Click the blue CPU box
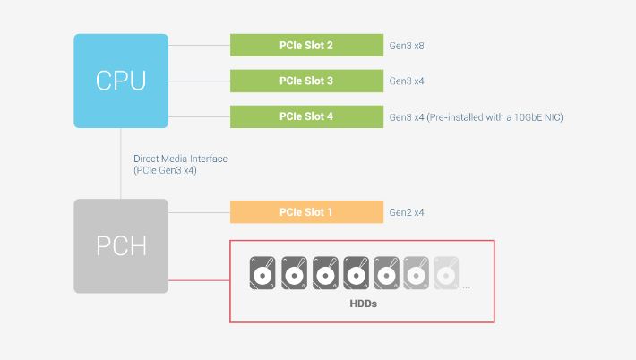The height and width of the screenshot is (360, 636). pos(121,81)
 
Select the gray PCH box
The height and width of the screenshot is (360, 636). pos(121,246)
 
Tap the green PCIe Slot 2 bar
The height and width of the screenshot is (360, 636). pos(306,45)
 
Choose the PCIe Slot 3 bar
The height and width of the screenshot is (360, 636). pos(306,81)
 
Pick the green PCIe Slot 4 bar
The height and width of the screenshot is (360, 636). pos(306,116)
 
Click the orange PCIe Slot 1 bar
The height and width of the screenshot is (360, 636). pos(306,212)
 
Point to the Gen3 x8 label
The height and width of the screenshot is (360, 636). pos(407,46)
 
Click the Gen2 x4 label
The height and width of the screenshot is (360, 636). pos(407,212)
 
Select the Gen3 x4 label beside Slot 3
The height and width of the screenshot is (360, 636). pos(407,81)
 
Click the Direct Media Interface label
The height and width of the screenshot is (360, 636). pos(180,159)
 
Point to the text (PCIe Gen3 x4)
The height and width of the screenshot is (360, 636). pos(165,170)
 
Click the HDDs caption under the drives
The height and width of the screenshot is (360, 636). pos(363,304)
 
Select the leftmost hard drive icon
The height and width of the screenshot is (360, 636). pos(262,273)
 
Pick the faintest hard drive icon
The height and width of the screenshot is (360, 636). pos(446,273)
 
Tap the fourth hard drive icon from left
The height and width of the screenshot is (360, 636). pos(357,273)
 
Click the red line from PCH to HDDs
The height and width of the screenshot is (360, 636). pos(199,280)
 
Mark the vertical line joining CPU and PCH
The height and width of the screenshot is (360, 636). pos(120,163)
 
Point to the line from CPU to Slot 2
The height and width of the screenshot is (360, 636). pos(199,45)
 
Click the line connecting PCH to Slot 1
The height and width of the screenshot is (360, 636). pos(199,212)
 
